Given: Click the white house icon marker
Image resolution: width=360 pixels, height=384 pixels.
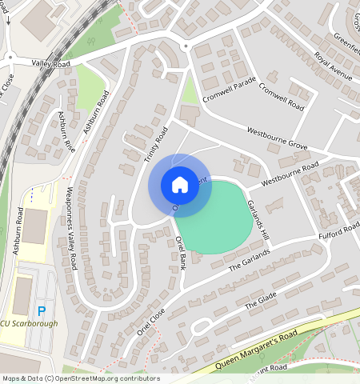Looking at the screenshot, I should pyautogui.click(x=180, y=185).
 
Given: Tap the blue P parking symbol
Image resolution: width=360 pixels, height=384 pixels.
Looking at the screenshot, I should pyautogui.click(x=42, y=310).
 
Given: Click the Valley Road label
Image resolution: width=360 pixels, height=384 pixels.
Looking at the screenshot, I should pyautogui.click(x=51, y=62).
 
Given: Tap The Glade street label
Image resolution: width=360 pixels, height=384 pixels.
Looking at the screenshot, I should pyautogui.click(x=259, y=301).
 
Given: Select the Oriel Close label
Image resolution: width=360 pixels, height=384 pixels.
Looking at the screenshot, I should pyautogui.click(x=151, y=322).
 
